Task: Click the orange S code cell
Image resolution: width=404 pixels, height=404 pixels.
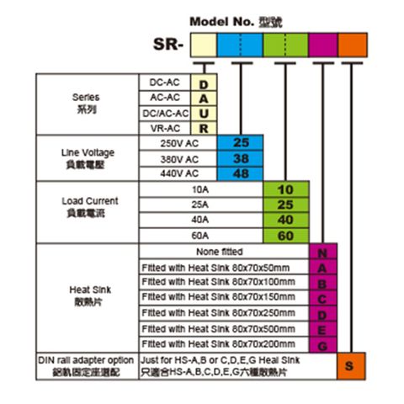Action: (x=351, y=366)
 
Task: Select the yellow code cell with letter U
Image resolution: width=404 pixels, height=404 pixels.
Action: (x=204, y=114)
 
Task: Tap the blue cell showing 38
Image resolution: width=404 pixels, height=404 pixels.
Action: (x=240, y=159)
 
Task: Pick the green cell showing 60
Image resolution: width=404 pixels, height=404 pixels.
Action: (x=286, y=236)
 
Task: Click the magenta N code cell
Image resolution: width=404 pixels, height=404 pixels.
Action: (x=323, y=252)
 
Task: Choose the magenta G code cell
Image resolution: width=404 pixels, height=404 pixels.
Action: (x=323, y=345)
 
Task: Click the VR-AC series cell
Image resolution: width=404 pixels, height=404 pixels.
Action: (x=165, y=128)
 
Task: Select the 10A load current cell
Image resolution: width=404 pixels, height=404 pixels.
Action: (x=201, y=189)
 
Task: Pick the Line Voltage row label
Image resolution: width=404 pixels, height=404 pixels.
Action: (x=88, y=158)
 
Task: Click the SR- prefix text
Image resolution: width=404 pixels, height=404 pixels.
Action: (x=168, y=45)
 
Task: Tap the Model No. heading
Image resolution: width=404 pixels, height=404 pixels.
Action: (x=236, y=22)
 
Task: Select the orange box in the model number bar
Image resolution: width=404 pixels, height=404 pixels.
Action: (x=353, y=45)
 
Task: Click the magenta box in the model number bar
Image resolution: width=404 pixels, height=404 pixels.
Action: (x=323, y=45)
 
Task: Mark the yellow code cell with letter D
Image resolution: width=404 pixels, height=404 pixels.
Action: (x=204, y=83)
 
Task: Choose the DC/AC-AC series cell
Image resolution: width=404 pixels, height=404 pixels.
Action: (x=165, y=114)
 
